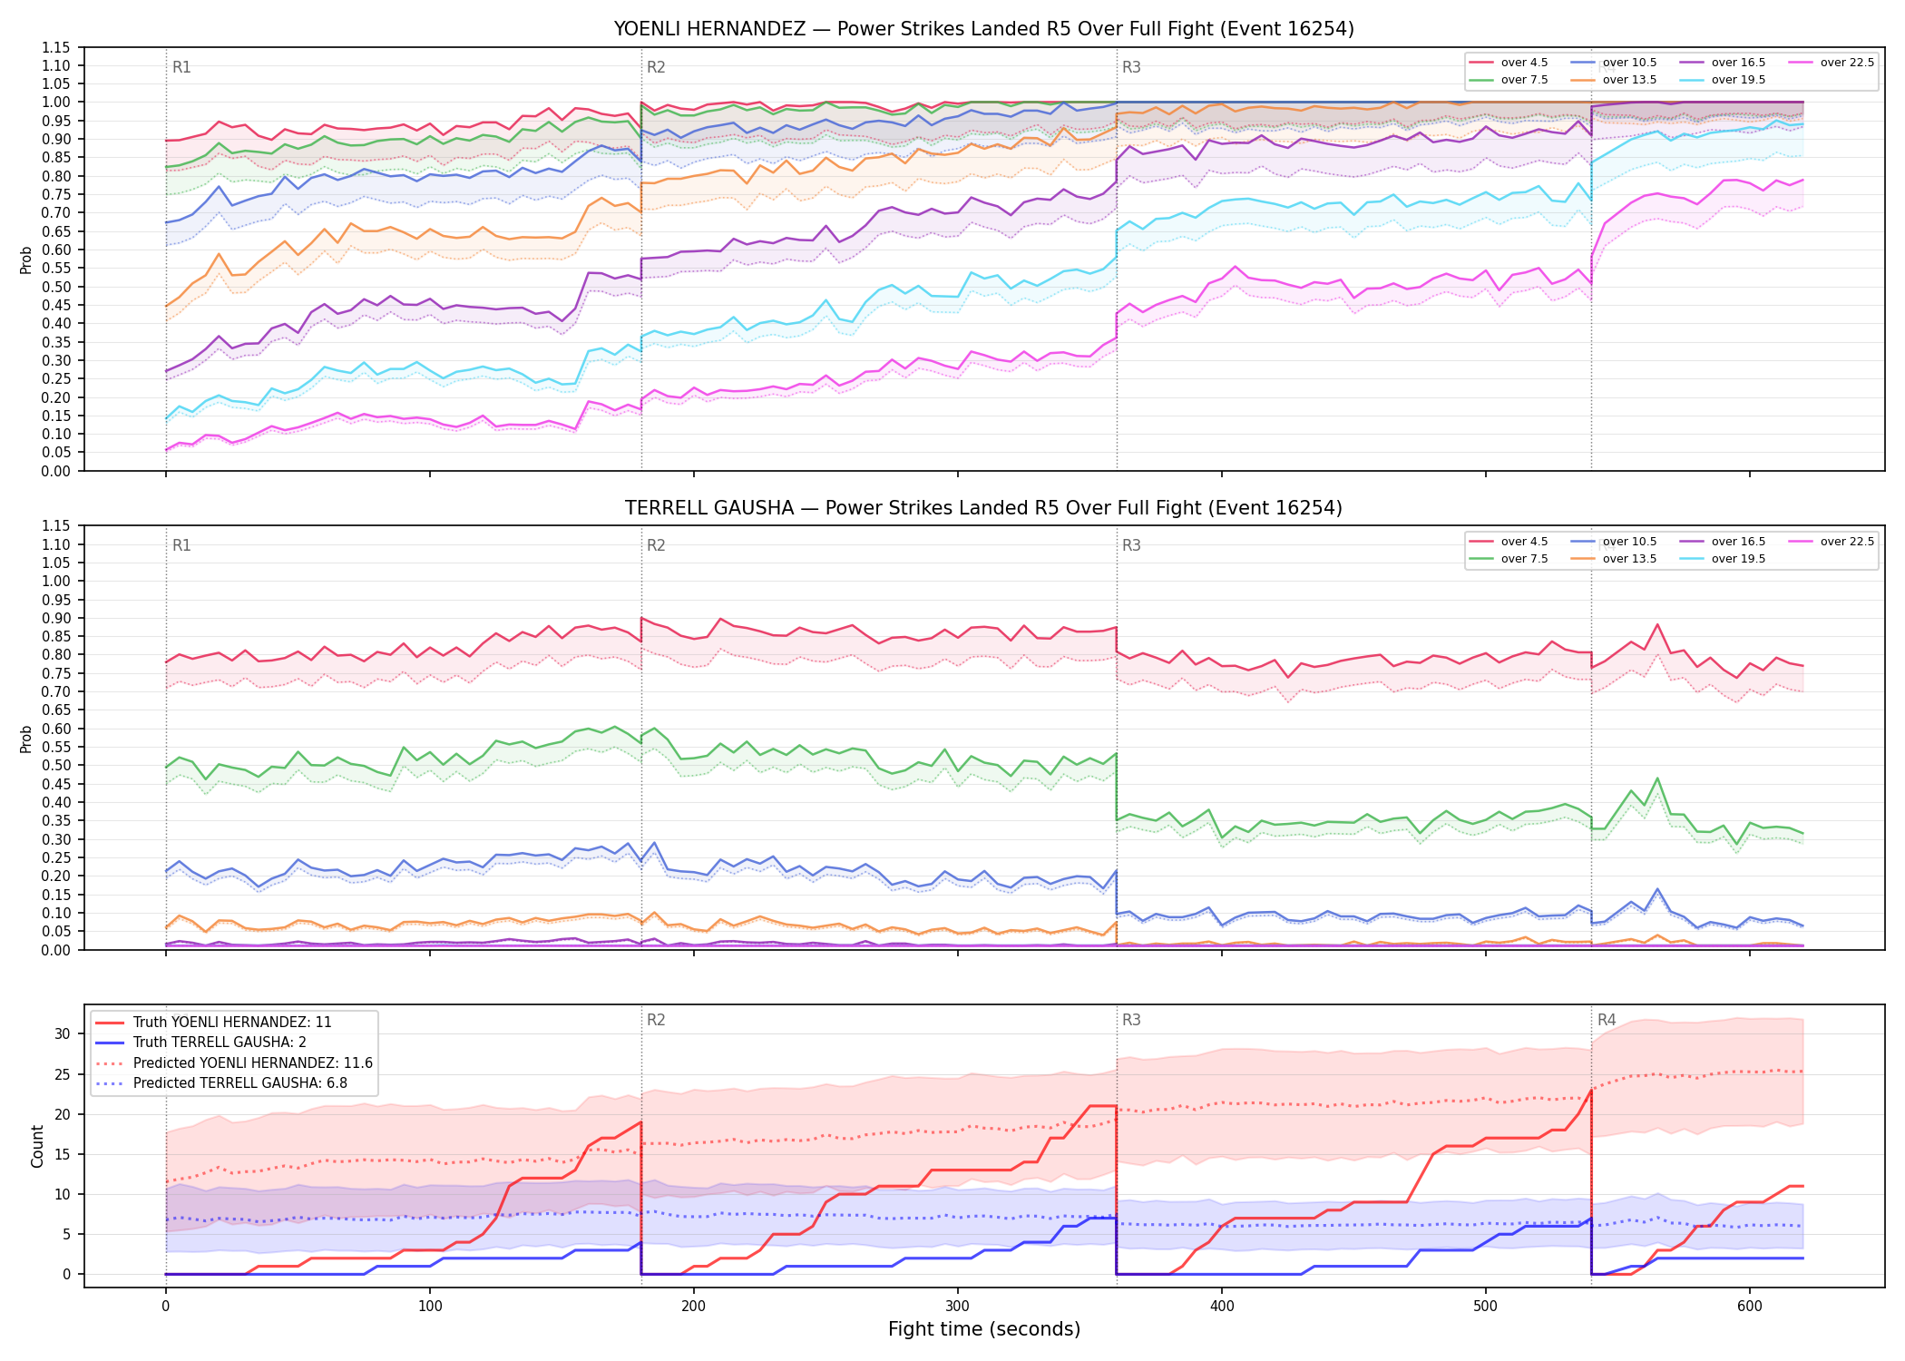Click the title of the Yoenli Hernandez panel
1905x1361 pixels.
pos(983,29)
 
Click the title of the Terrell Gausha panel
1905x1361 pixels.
pos(983,508)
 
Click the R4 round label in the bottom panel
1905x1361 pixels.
pos(1607,1020)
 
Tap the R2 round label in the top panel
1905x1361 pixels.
pos(656,67)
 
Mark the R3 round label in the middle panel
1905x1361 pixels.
pos(1131,545)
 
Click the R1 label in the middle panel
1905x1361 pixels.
pos(181,545)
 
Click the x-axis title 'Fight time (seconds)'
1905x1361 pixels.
pos(984,1329)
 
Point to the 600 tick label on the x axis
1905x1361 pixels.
pos(1750,1307)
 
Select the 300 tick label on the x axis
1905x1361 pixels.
pos(958,1307)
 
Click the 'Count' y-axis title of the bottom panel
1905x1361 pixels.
pos(37,1146)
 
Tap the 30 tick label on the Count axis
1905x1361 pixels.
pos(63,1033)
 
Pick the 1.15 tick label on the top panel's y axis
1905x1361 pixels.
pos(56,47)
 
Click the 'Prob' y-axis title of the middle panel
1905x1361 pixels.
pos(26,739)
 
